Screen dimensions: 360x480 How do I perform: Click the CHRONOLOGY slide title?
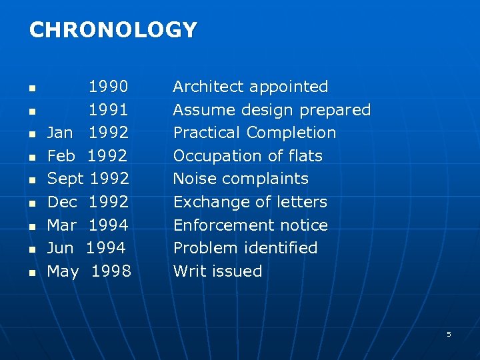(113, 30)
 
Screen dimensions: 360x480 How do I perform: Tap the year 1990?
(109, 87)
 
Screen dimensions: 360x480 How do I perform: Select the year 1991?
(109, 110)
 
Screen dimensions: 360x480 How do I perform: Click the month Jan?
(60, 133)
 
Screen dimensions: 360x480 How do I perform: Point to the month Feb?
(61, 156)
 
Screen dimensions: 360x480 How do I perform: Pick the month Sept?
(65, 179)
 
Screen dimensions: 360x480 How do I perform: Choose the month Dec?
(62, 202)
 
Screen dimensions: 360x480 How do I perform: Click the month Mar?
(62, 225)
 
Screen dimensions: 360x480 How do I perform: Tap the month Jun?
(61, 248)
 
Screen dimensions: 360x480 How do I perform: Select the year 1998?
(111, 271)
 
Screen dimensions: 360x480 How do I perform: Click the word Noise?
(192, 179)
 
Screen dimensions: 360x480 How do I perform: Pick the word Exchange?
(207, 202)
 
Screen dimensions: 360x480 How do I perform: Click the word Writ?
(187, 271)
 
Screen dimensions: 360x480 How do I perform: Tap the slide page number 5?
(449, 334)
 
